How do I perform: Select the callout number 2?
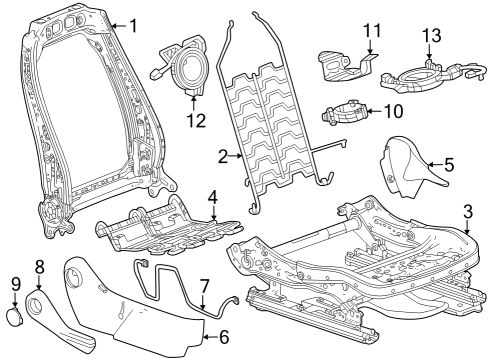coord(223,155)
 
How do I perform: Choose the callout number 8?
coord(40,266)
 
